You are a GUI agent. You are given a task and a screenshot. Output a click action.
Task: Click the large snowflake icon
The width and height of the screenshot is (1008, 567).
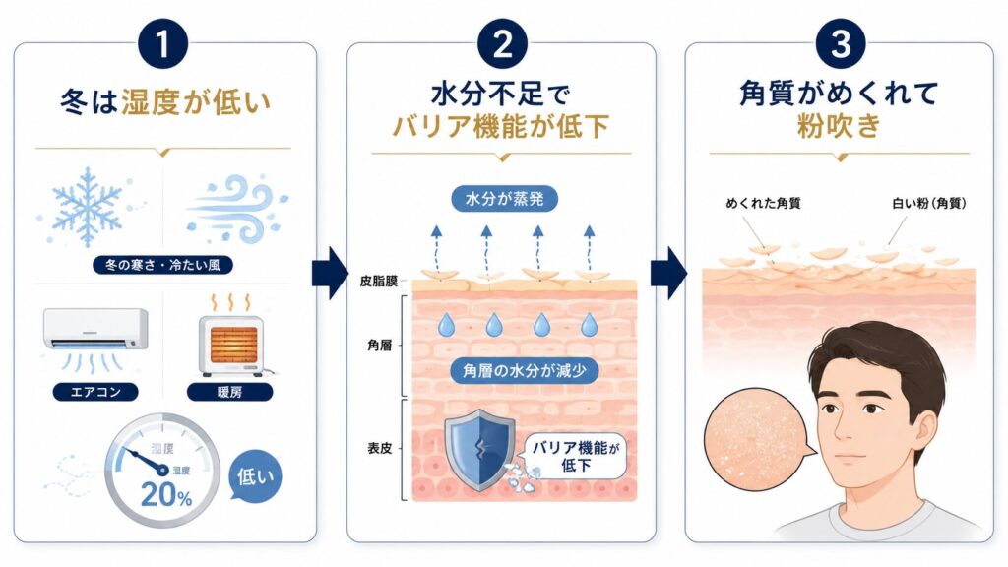coord(87,207)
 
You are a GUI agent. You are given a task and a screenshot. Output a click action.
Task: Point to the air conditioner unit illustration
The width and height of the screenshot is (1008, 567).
coord(95,329)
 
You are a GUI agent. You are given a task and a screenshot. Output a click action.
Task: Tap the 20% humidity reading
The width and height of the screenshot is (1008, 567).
coord(165,494)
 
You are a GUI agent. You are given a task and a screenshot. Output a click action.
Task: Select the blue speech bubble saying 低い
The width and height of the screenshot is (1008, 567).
coord(255,475)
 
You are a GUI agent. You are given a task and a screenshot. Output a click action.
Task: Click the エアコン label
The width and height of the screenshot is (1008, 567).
coord(95,392)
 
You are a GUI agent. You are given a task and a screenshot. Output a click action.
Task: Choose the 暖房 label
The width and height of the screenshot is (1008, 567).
coord(229,392)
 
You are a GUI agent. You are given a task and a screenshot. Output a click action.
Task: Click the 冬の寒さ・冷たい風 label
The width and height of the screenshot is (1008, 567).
coord(162,264)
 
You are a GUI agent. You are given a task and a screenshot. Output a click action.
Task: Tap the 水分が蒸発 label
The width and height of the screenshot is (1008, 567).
coord(504,199)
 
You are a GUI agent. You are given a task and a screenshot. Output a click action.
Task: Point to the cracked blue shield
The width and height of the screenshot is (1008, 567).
coord(479,451)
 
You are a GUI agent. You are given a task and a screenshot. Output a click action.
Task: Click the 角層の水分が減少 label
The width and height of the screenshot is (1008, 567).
coord(524,371)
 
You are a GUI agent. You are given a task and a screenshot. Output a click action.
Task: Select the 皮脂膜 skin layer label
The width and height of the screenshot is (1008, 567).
coord(379,281)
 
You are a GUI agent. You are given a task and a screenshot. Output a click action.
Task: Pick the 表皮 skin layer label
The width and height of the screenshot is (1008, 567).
coord(380,448)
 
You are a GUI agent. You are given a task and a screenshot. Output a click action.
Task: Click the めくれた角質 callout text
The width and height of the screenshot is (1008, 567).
coord(763,203)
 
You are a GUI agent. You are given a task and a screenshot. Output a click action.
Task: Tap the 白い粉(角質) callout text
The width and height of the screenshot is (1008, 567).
coord(929,203)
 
